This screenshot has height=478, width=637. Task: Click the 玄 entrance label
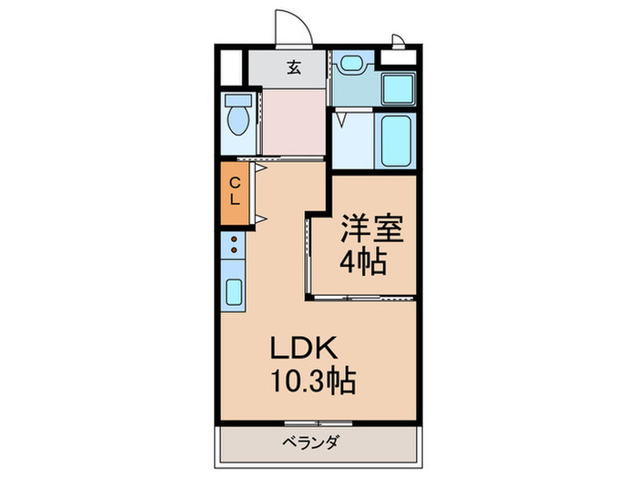point(294,66)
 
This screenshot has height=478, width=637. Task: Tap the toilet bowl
point(238,117)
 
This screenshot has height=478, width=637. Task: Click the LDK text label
point(304,349)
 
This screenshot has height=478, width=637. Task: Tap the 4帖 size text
point(363,263)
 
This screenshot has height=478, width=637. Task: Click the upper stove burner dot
point(233,240)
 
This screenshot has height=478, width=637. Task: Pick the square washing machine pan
point(398,88)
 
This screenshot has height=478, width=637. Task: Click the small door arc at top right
point(399,40)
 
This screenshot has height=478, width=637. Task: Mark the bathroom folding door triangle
point(340,117)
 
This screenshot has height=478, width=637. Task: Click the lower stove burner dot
point(233,250)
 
